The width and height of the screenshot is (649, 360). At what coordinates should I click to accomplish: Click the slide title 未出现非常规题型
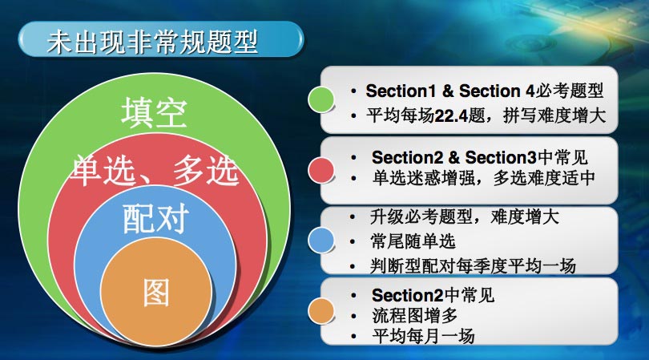[153, 42]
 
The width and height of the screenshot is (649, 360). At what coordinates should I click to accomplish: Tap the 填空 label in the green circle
[154, 112]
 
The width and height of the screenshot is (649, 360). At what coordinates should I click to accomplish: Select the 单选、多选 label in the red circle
[155, 170]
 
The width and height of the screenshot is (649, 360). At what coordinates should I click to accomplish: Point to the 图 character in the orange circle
[156, 292]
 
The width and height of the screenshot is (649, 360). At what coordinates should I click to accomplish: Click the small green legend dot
[320, 100]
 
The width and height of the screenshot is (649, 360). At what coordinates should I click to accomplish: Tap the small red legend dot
[320, 170]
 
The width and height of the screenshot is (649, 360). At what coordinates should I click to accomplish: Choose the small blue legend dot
[320, 240]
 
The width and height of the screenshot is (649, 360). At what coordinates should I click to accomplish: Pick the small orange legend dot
[320, 311]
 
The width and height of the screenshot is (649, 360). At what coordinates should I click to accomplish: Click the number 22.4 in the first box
[451, 116]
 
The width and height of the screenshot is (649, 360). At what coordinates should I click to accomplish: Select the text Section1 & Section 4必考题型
[484, 91]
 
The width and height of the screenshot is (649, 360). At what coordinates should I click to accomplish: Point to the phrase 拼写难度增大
[554, 115]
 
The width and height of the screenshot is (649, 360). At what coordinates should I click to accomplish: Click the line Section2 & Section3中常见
[480, 157]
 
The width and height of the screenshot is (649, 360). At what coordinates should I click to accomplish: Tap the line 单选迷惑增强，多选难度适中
[483, 178]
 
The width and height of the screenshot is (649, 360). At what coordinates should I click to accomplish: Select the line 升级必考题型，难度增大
[465, 216]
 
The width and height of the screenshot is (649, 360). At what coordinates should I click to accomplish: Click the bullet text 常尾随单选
[413, 241]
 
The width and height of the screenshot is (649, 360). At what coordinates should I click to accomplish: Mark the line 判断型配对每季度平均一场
[473, 266]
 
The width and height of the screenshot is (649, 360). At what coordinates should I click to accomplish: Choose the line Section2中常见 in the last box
[433, 295]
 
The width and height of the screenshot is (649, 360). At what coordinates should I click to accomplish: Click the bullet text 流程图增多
[414, 316]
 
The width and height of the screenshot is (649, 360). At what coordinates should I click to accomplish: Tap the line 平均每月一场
[423, 336]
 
